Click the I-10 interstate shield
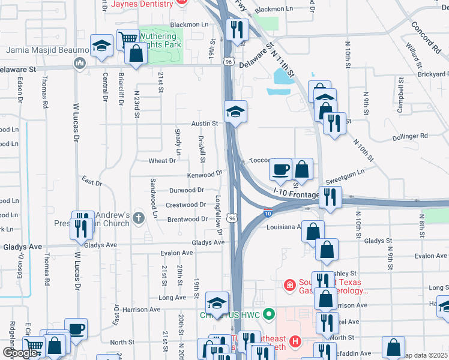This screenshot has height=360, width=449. coord(268,212)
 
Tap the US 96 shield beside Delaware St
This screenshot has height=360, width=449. coord(229,61)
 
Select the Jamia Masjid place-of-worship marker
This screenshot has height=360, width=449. coord(79,62)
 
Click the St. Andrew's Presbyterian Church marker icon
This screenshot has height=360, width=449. coord(139,217)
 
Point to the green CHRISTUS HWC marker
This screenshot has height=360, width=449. coord(270,313)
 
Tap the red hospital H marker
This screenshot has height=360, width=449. coord(295,342)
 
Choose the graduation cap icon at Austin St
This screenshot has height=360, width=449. coord(235,110)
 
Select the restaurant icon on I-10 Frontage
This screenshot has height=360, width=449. coord(330,196)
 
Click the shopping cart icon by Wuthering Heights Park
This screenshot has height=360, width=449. coord(127,39)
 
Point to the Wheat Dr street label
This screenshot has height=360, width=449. coord(162,161)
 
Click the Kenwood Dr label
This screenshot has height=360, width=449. coord(205,175)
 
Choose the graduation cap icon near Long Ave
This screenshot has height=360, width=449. coord(217,302)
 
